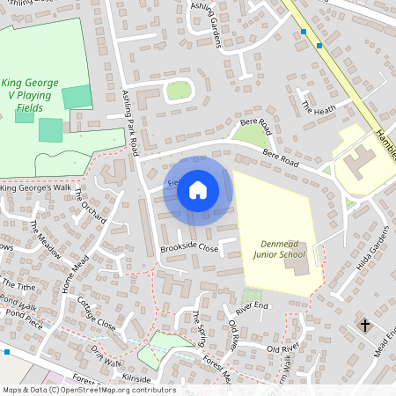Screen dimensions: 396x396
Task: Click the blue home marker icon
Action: [x=198, y=189]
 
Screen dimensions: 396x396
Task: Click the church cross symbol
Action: [x=365, y=326]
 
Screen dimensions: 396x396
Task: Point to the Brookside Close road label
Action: [x=189, y=249]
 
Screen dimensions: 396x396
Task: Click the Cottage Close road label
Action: [x=96, y=313]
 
